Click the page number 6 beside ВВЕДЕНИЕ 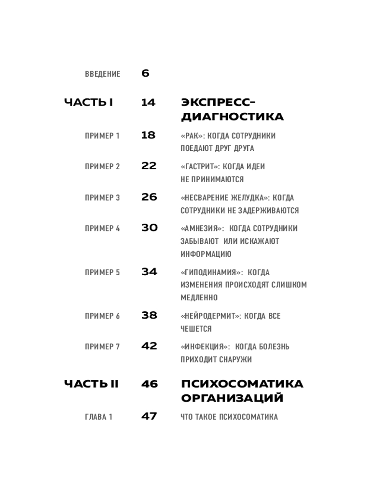pos(145,74)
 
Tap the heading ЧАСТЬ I pos(88,102)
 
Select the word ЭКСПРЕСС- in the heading pos(218,102)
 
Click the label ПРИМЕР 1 pos(102,136)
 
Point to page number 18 pos(148,135)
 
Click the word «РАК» pos(193,136)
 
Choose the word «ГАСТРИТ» pos(203,167)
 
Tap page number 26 pos(149,197)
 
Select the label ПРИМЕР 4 pos(102,228)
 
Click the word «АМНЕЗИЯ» pos(202,228)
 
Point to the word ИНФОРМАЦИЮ pos(206,254)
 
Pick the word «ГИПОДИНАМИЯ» pos(211,272)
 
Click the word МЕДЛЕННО pos(199,298)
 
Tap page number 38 pos(149,316)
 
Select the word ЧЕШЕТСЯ pos(196,329)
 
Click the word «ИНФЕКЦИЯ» pos(204,347)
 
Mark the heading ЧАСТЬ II pos(91,384)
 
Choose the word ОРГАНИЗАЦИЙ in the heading pos(232,399)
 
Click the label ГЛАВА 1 pos(98,417)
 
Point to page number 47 pos(149,416)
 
